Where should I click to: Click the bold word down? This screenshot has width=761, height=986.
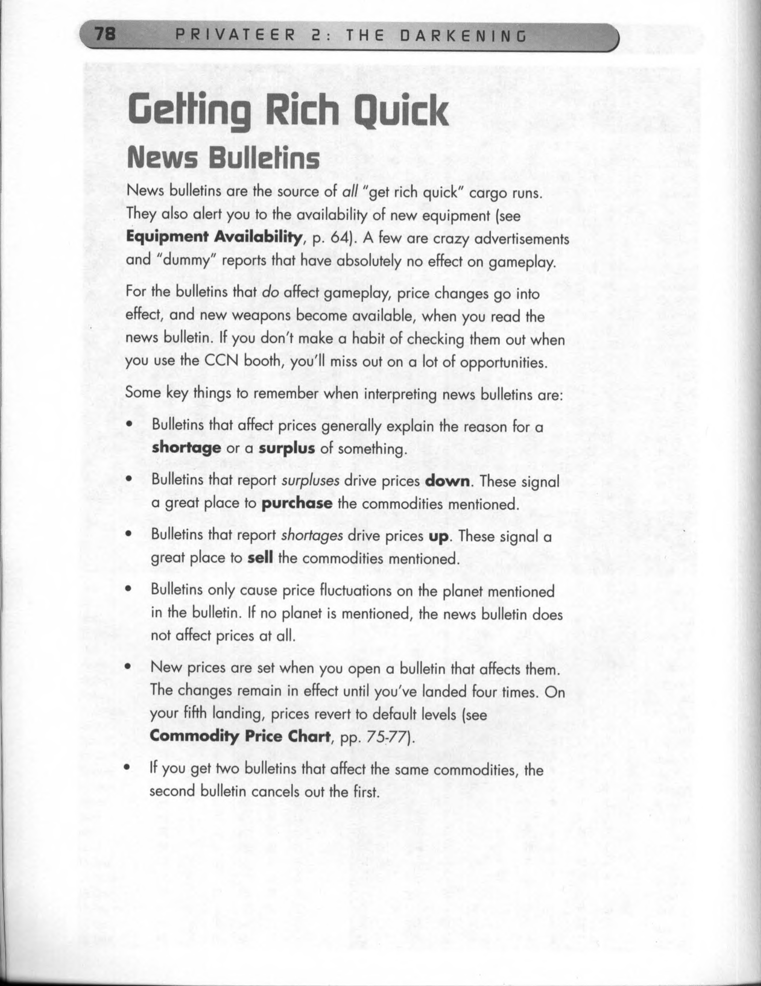(448, 481)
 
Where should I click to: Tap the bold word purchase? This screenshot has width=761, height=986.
(297, 503)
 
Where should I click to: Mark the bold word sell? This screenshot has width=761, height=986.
(260, 558)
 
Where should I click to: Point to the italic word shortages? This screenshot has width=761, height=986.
(312, 536)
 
